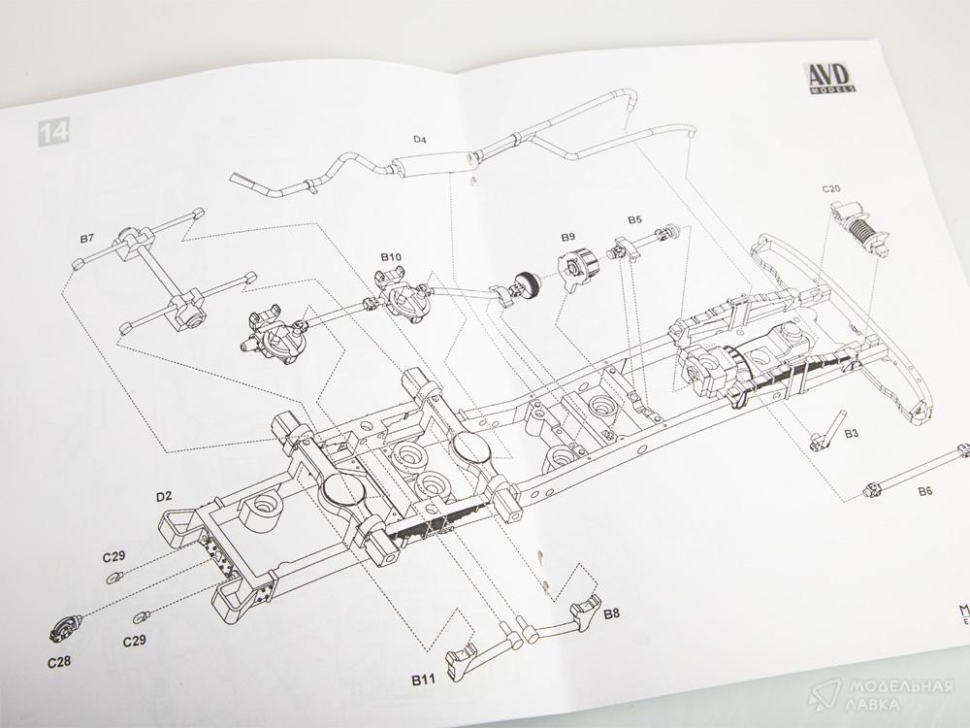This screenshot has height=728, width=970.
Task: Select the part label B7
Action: tap(86, 239)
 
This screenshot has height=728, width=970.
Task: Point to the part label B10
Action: tap(391, 256)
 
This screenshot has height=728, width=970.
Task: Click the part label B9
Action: tap(567, 237)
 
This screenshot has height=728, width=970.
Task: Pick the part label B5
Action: tap(633, 221)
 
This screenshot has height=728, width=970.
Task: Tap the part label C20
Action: tap(830, 184)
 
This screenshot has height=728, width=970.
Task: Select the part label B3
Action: tap(850, 434)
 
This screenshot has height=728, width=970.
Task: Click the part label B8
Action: tap(611, 614)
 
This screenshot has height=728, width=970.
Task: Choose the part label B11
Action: tap(422, 678)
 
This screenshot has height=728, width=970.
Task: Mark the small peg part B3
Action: tap(823, 430)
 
